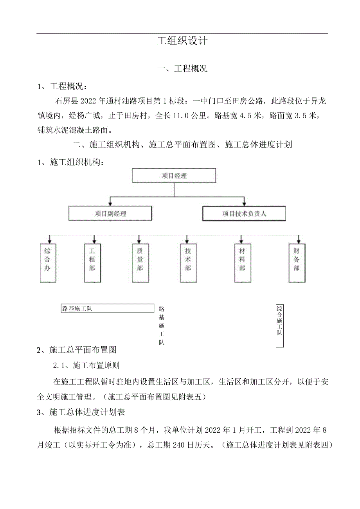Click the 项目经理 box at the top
(174, 176)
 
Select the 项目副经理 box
(110, 214)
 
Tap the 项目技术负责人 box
(244, 214)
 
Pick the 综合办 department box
(47, 263)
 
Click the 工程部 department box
(92, 263)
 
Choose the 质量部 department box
(140, 263)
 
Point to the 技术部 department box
(188, 263)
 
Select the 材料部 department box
(242, 263)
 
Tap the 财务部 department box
(297, 263)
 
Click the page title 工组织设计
(182, 41)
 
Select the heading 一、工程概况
(182, 69)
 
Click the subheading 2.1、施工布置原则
(86, 365)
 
